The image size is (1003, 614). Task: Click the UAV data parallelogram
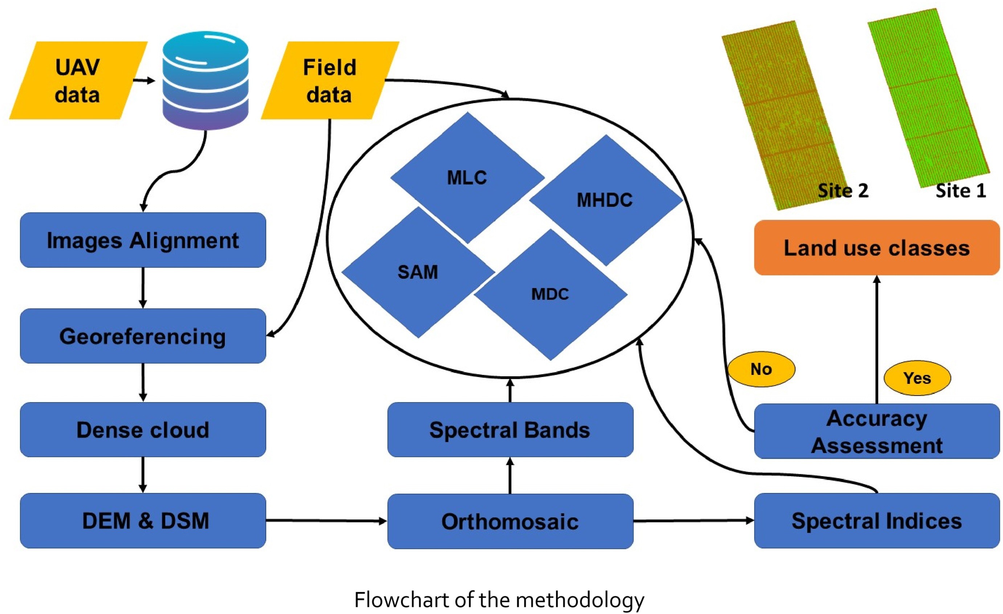click(77, 81)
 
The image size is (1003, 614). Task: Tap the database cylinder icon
click(205, 81)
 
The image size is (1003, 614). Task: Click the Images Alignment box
click(143, 240)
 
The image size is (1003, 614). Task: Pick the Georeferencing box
click(143, 336)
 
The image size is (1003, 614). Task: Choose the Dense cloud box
click(143, 430)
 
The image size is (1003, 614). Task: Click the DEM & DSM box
click(143, 520)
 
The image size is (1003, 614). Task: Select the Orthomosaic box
click(510, 521)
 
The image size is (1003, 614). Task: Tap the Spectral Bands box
click(510, 430)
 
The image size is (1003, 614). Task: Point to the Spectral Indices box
click(876, 520)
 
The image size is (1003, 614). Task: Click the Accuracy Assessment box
click(876, 431)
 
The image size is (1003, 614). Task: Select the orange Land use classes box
click(876, 247)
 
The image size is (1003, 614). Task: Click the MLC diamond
click(467, 177)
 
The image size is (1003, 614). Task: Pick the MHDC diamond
click(605, 200)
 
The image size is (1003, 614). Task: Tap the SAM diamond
click(418, 272)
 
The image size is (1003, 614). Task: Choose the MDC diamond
click(550, 294)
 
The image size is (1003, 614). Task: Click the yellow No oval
click(761, 369)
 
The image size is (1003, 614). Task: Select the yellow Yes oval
click(917, 378)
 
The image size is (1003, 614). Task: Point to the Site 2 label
click(843, 191)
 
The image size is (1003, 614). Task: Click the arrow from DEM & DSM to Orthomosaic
click(326, 520)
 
